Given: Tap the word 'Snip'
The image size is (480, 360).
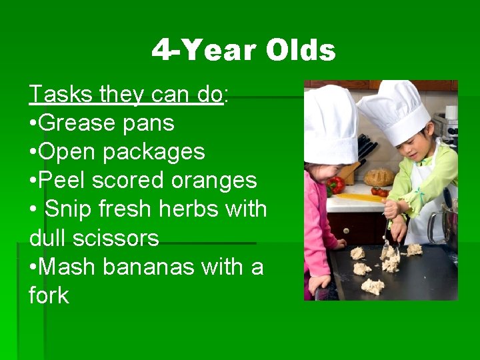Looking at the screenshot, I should pyautogui.click(x=67, y=209).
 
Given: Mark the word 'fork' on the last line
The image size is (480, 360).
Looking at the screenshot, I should pyautogui.click(x=49, y=295).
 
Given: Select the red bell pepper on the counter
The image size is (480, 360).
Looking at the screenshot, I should pyautogui.click(x=337, y=184).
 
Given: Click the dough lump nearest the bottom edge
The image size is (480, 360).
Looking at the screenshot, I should pyautogui.click(x=373, y=286).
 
